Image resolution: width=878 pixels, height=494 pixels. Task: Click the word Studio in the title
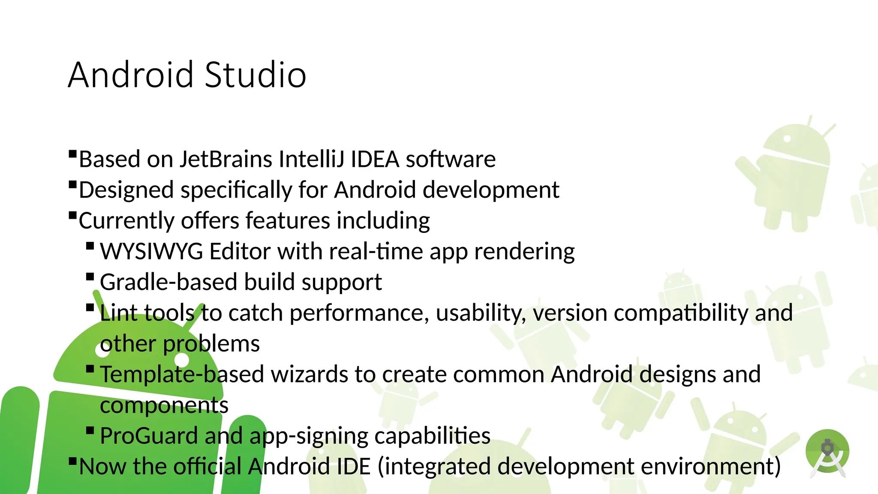point(256,75)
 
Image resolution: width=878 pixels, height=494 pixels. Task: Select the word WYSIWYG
point(151,251)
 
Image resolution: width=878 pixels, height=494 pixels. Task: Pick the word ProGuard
point(149,436)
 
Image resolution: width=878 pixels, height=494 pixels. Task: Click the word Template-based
point(182,374)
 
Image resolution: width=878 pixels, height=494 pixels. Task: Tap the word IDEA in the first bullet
point(375,160)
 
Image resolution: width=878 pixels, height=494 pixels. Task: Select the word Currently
point(126,221)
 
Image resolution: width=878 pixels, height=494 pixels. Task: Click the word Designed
point(126,190)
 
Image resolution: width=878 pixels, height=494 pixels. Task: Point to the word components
point(164,405)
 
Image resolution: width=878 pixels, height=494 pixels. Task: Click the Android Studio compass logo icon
point(827,453)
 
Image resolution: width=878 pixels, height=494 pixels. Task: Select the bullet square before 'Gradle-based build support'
point(90,277)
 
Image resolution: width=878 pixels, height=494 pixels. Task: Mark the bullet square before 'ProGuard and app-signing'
point(90,430)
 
